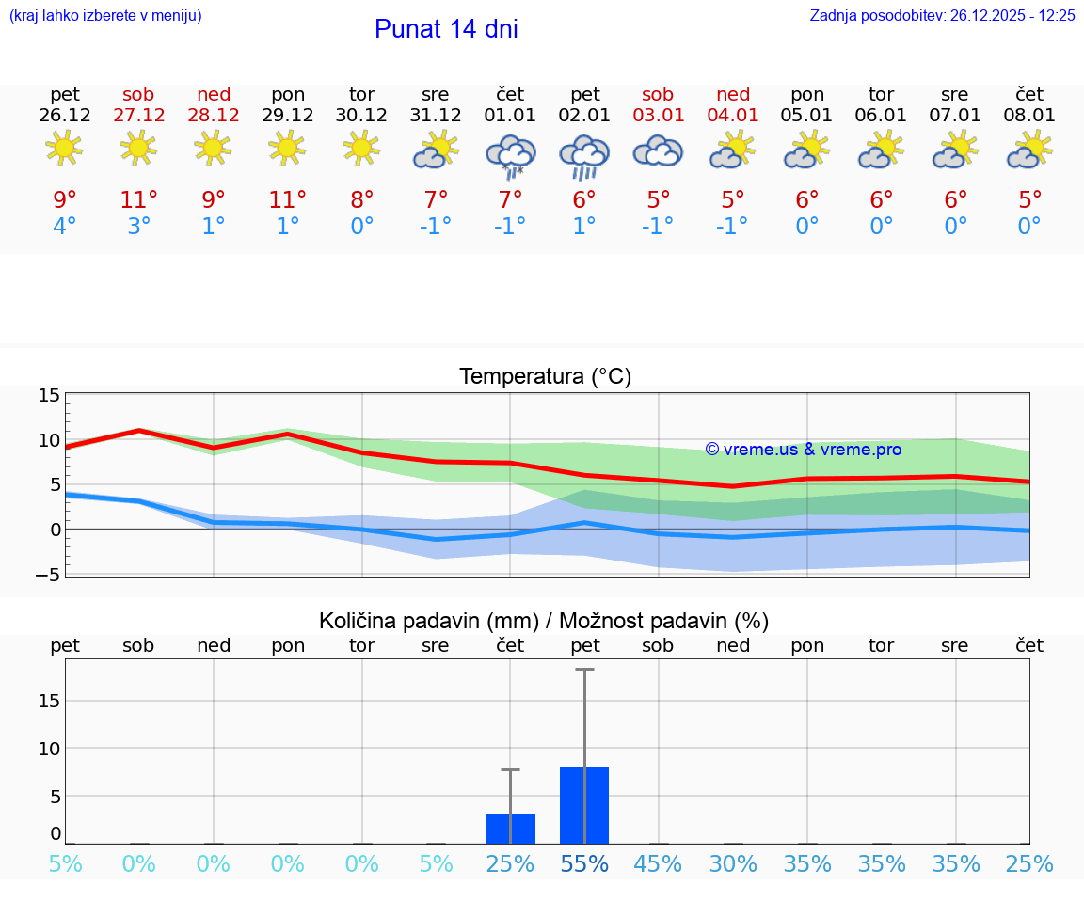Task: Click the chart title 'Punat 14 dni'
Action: click(446, 29)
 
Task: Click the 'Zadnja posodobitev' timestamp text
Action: click(942, 16)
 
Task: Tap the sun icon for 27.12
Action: click(138, 149)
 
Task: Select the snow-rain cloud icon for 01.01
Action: click(510, 154)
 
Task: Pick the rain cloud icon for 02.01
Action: click(584, 155)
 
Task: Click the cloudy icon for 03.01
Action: click(658, 151)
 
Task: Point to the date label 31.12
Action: click(436, 116)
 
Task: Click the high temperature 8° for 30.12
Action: click(362, 200)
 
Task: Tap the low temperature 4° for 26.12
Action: click(65, 227)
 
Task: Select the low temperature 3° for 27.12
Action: click(138, 227)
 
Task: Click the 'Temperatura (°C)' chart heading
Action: click(545, 377)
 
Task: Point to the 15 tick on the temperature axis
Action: click(49, 395)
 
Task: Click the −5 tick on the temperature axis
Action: click(48, 574)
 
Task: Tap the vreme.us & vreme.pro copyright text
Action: click(803, 450)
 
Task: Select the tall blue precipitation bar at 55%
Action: click(584, 805)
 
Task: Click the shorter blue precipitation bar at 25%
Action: click(510, 829)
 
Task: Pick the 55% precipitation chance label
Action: click(584, 864)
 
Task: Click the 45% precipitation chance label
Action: click(658, 864)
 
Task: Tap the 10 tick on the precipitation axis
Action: click(49, 749)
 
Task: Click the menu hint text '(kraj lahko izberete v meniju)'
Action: click(104, 16)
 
